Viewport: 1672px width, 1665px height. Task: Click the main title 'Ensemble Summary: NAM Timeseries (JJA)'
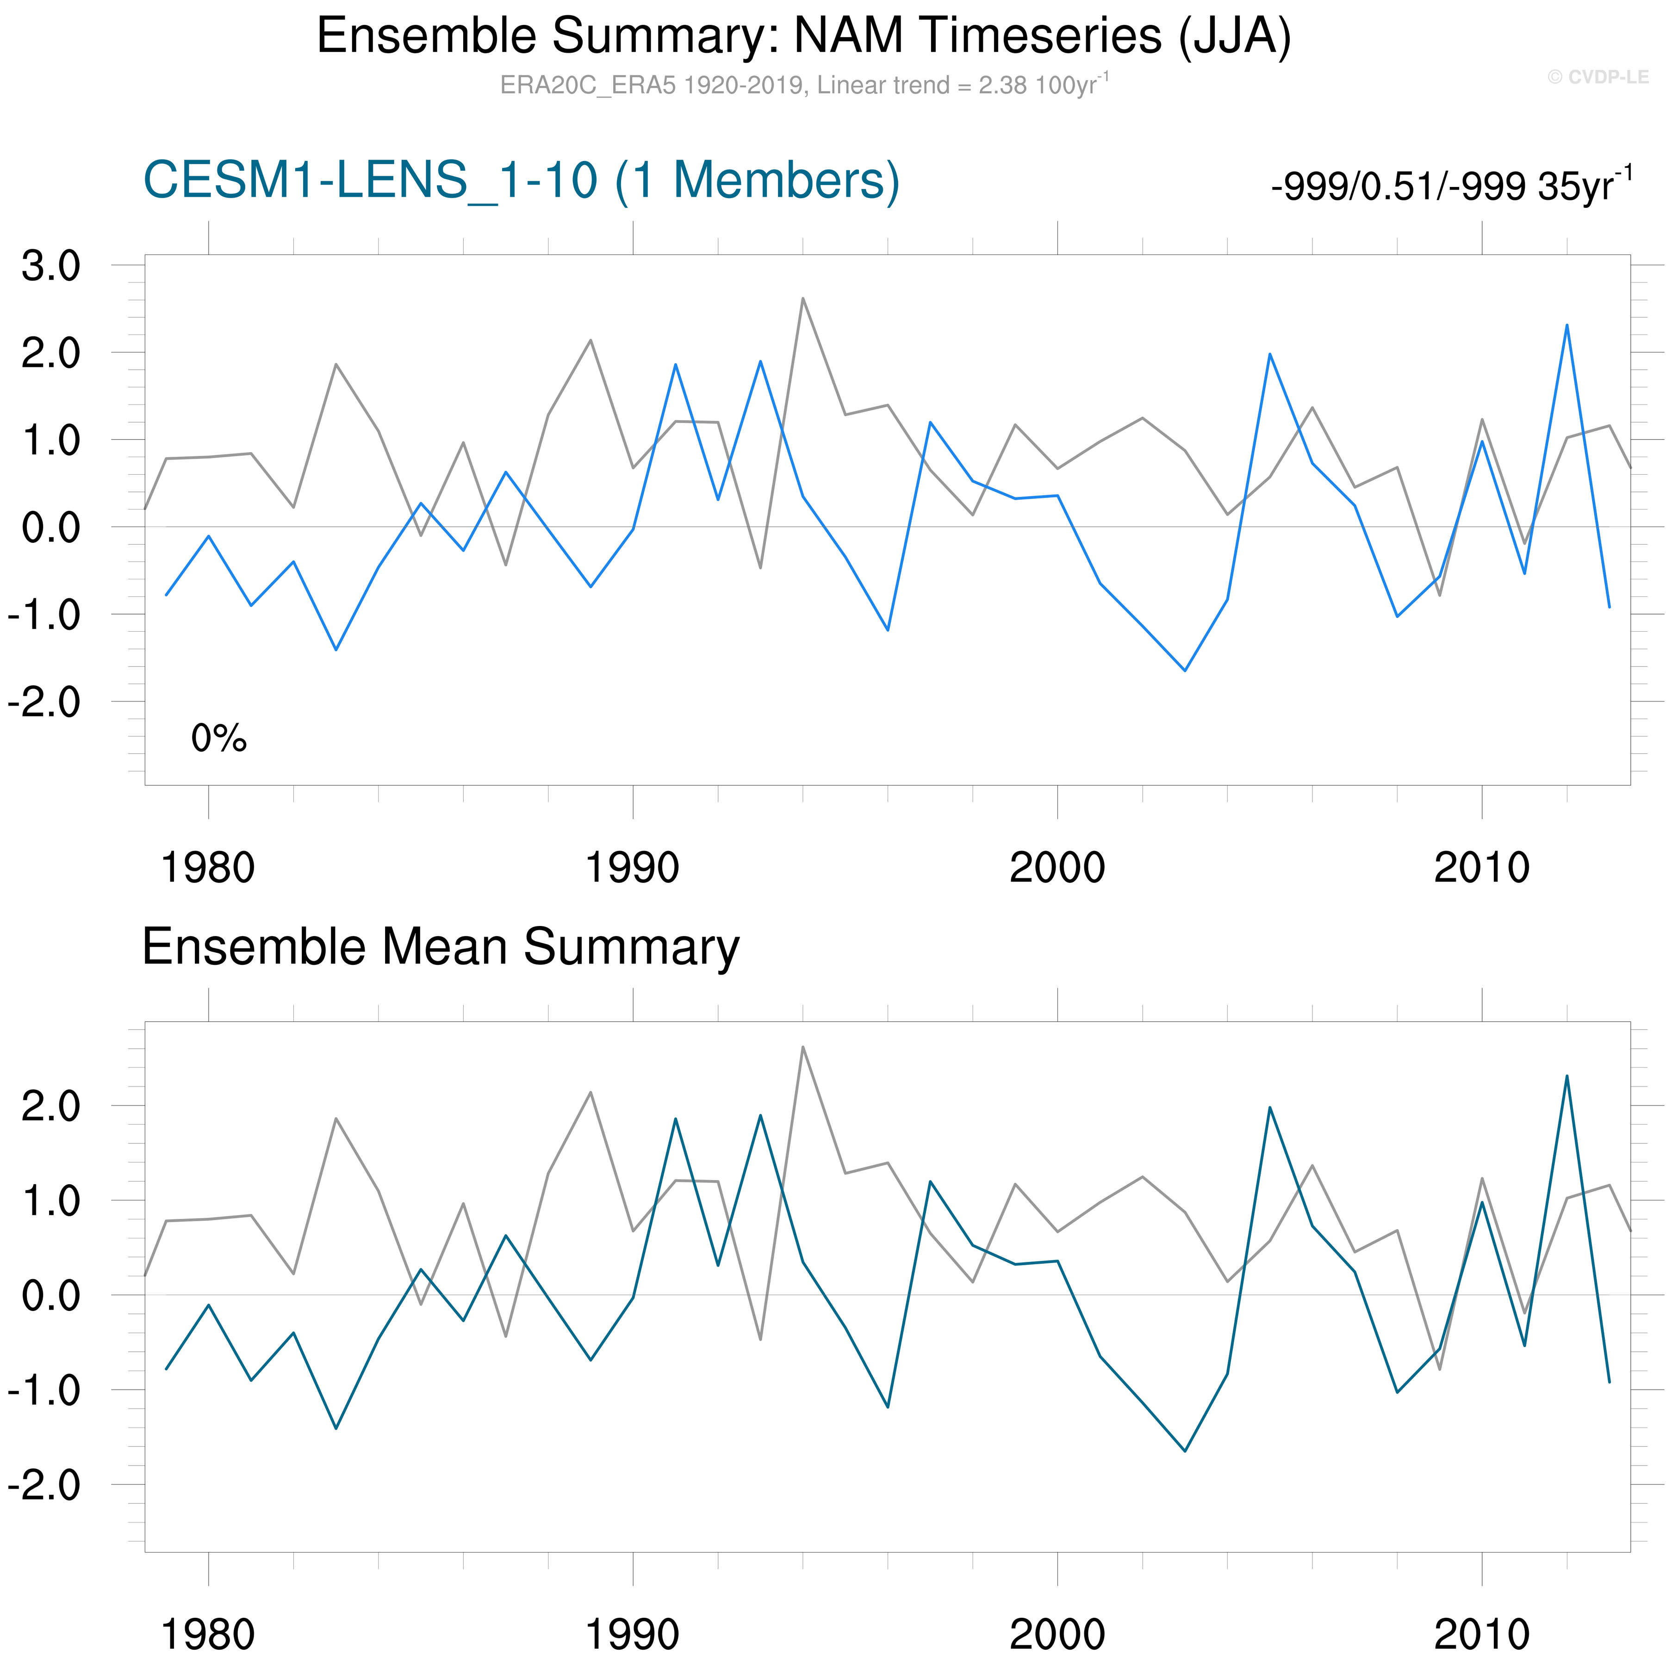[803, 37]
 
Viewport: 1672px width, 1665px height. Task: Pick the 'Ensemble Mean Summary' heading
[441, 947]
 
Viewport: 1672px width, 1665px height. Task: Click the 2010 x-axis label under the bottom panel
[1482, 1634]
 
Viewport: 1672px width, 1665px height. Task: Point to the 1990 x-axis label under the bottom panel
[633, 1634]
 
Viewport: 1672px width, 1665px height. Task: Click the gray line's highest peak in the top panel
[803, 298]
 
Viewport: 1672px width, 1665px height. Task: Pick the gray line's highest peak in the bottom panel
[803, 1047]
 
